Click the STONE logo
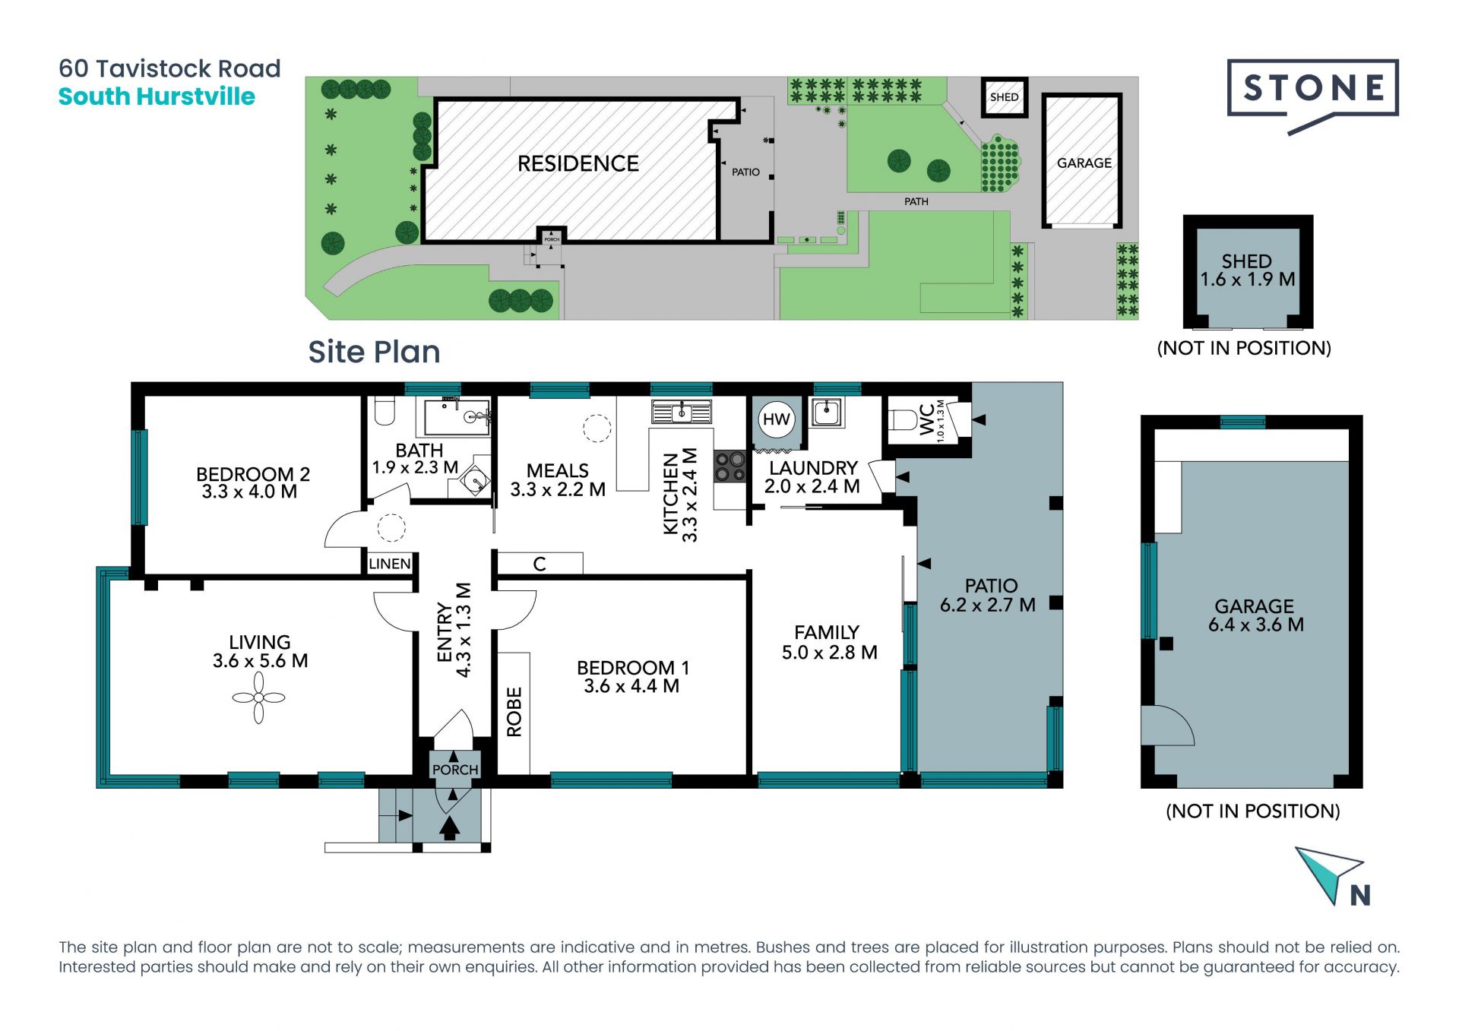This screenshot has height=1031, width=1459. click(1312, 96)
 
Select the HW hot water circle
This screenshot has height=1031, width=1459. click(776, 419)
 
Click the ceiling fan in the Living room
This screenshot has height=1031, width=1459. click(258, 697)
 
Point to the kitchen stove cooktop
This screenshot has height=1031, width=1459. click(730, 466)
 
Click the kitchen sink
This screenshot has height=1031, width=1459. click(682, 412)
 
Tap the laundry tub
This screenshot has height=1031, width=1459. click(826, 412)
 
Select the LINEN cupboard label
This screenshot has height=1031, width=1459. click(390, 564)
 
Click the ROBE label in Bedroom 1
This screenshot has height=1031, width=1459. click(514, 712)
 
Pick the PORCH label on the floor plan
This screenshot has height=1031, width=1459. click(455, 770)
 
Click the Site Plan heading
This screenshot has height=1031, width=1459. click(374, 352)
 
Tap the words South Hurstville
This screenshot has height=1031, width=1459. click(157, 96)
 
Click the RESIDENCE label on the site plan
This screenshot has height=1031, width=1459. click(578, 163)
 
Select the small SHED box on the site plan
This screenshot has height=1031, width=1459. click(1004, 97)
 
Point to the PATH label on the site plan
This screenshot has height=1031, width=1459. click(916, 201)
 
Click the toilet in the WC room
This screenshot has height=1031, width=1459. click(904, 420)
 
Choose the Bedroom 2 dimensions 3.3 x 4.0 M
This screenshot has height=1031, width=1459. click(249, 492)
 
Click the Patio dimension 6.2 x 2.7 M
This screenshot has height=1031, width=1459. click(988, 605)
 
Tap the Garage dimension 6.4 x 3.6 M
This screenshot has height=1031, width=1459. click(1256, 625)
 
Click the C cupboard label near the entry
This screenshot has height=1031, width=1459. click(540, 564)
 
